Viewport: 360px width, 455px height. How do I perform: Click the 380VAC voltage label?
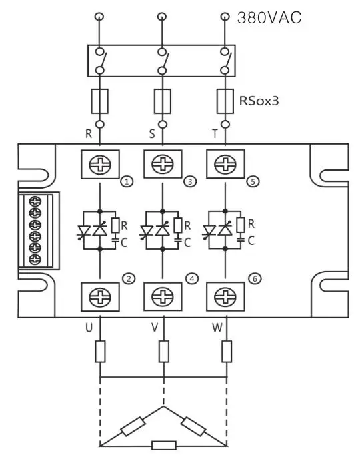click(269, 18)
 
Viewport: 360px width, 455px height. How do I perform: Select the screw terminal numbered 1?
click(99, 165)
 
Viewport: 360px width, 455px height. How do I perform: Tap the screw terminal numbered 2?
click(99, 294)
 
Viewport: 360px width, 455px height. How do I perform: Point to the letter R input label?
click(88, 133)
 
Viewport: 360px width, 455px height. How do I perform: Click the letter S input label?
click(152, 133)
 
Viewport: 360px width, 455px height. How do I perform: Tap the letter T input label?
click(215, 133)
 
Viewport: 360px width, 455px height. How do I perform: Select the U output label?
click(89, 327)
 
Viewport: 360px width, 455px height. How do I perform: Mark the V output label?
click(152, 327)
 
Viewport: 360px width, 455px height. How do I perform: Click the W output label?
click(215, 327)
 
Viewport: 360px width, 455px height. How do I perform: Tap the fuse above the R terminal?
click(99, 101)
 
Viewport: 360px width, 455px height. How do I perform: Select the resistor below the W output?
click(227, 351)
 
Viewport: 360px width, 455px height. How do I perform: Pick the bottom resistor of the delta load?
click(163, 445)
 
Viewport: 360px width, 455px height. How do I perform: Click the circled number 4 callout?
click(193, 279)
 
